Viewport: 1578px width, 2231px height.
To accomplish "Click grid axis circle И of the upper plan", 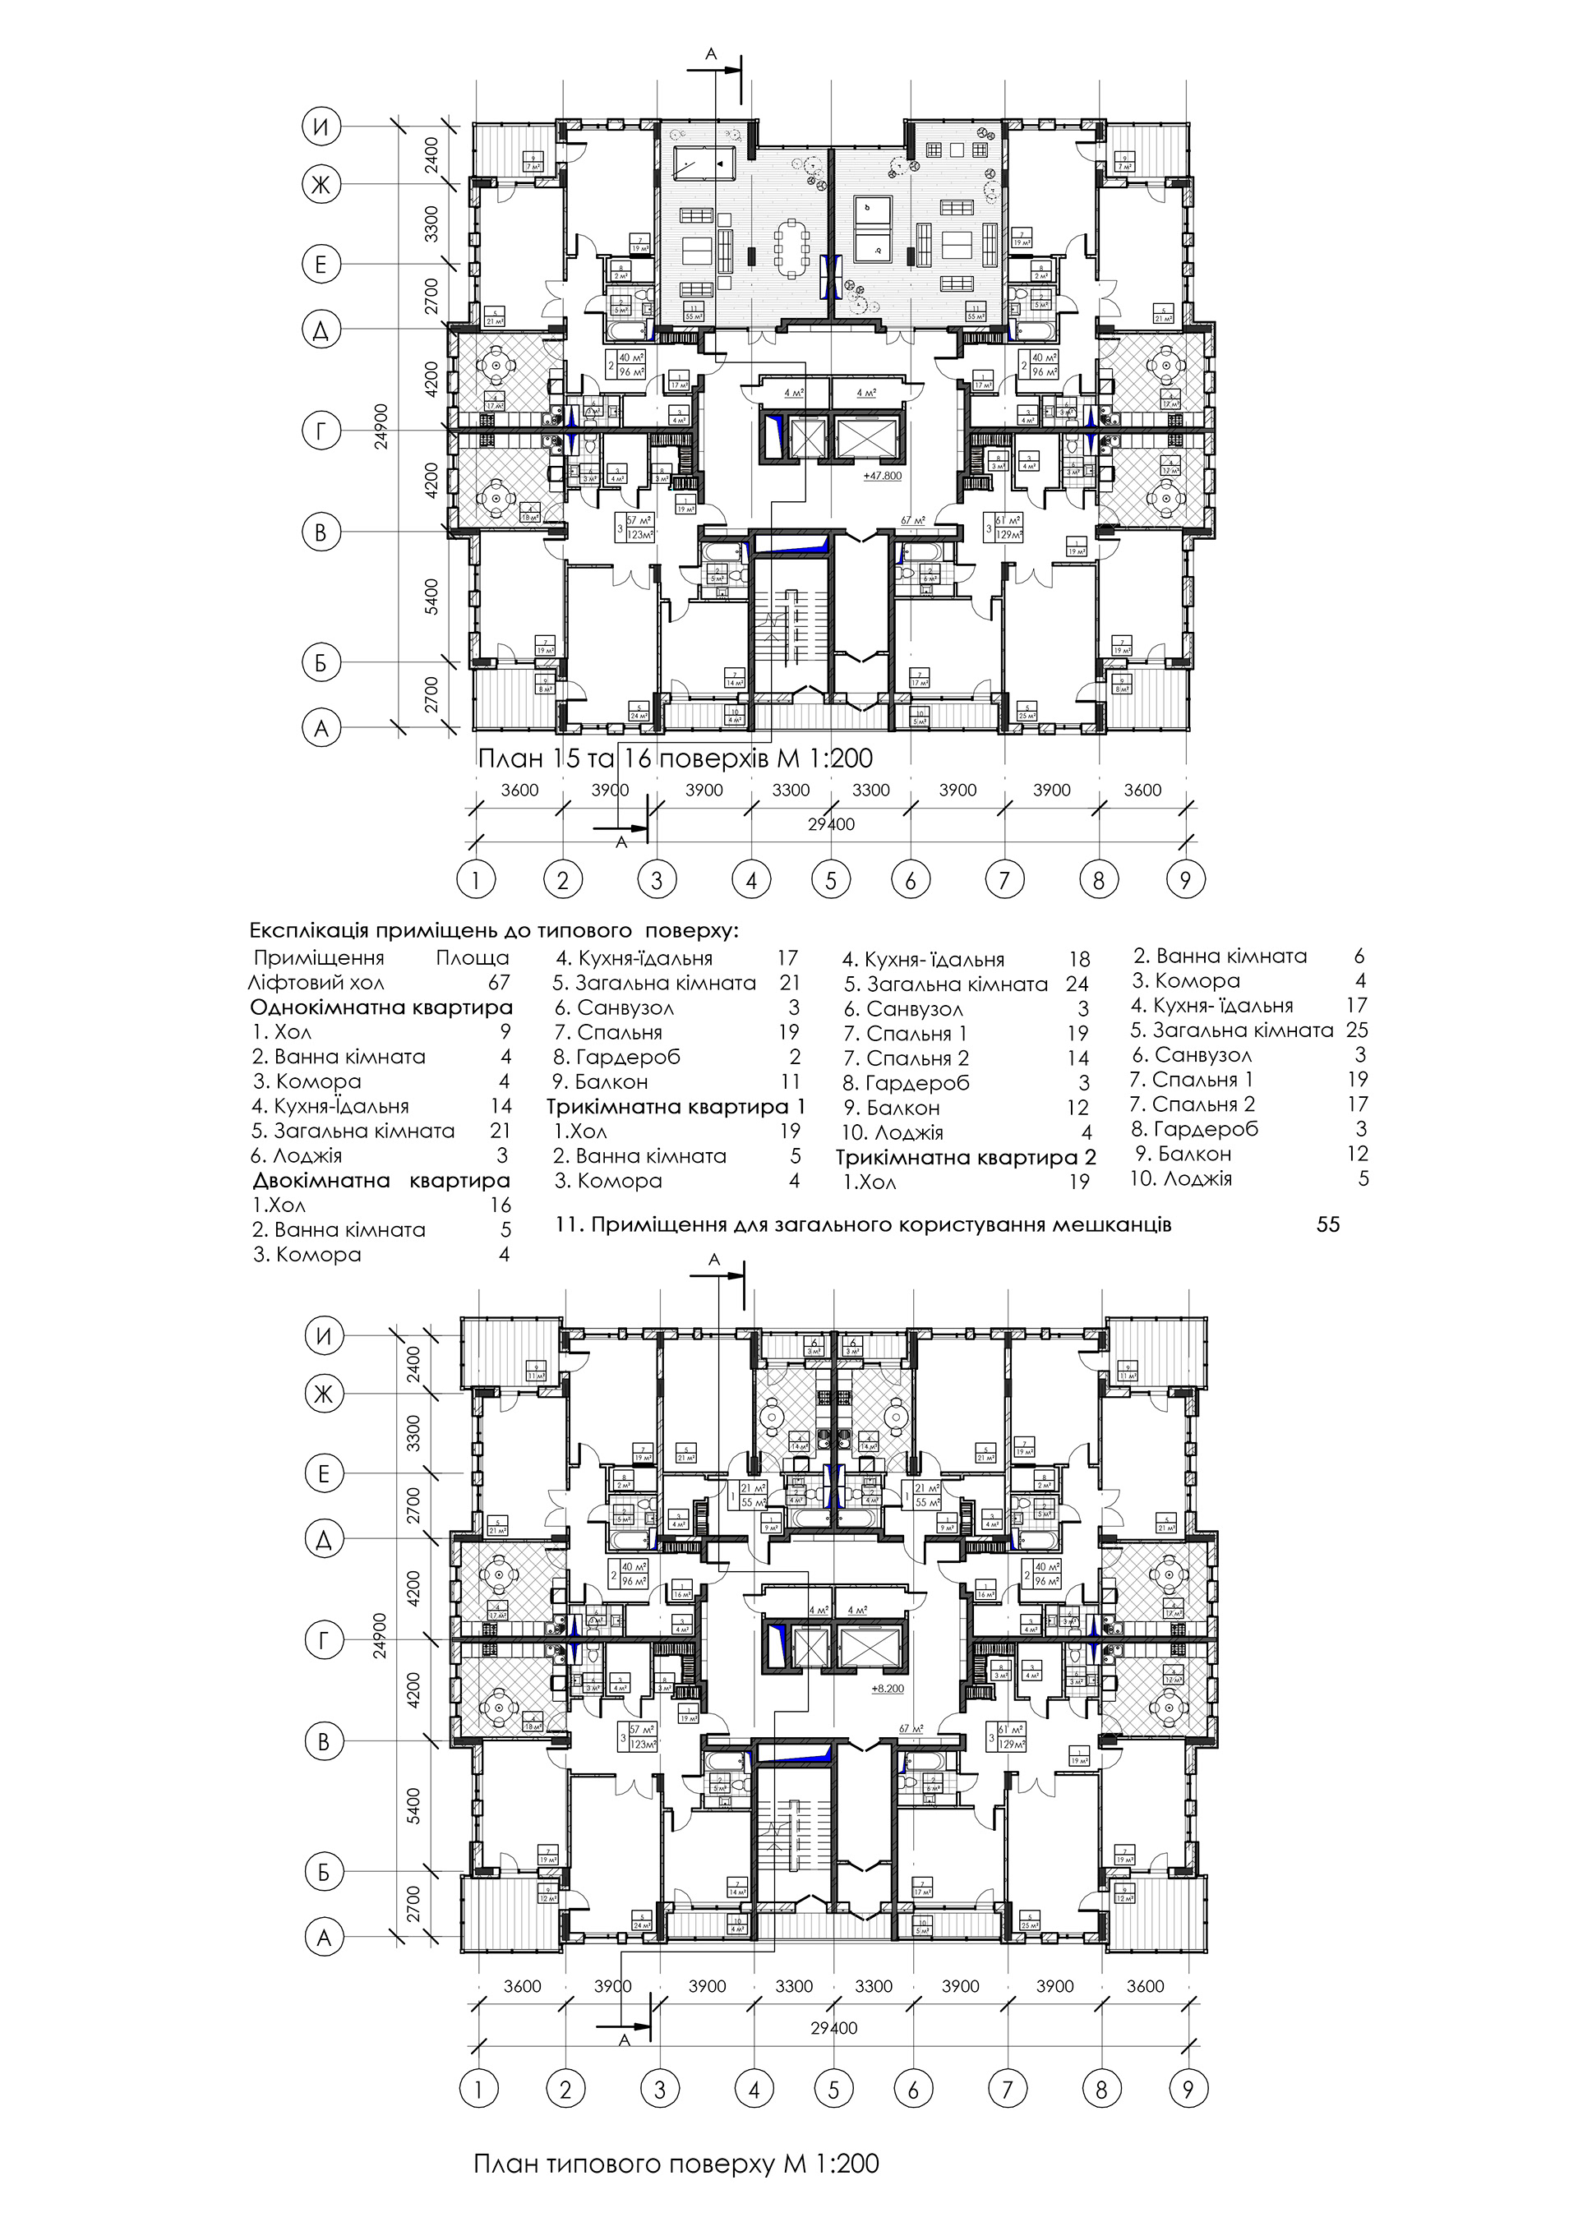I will pos(321,126).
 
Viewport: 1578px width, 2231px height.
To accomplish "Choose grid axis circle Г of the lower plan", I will pos(324,1641).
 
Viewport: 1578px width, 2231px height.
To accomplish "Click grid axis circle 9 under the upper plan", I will pos(1184,880).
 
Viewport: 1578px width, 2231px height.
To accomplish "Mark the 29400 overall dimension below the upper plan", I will pos(832,824).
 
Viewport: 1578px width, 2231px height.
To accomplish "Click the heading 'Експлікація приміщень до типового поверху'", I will pos(494,931).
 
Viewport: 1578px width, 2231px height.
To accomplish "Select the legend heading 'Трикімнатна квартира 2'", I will pos(966,1157).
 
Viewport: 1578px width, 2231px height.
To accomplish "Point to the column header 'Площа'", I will pos(473,958).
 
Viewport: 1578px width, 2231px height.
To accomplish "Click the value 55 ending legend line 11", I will pos(1327,1224).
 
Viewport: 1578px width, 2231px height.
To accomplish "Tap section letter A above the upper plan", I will pos(710,55).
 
